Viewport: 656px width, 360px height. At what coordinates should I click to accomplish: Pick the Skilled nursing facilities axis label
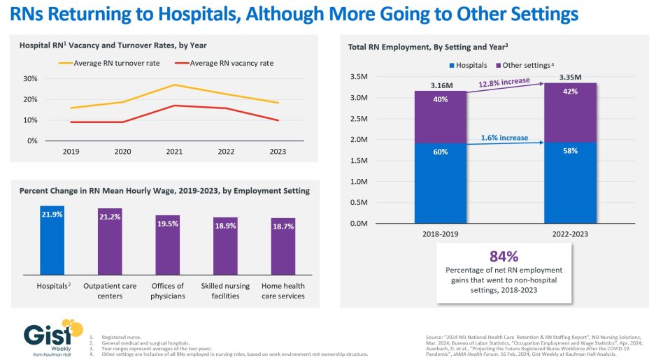pos(225,291)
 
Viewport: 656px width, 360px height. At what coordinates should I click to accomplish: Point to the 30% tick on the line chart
pos(31,78)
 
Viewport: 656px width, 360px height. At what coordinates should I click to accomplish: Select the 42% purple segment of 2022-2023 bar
pos(571,113)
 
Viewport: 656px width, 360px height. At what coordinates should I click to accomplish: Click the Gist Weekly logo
pos(46,338)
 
